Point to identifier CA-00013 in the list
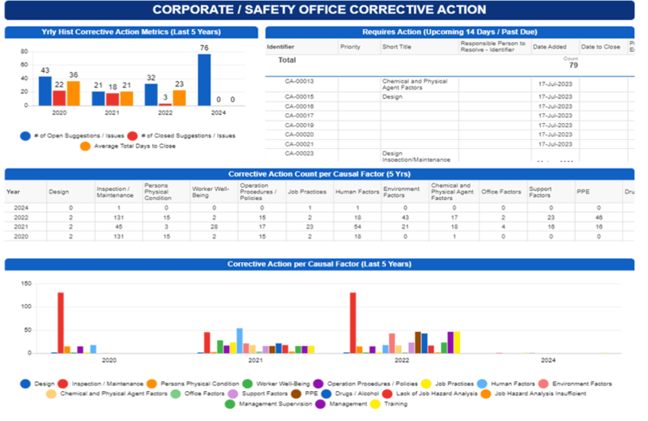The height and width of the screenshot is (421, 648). tap(299, 82)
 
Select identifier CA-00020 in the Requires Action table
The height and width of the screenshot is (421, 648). tap(299, 134)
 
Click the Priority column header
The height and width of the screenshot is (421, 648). tap(351, 47)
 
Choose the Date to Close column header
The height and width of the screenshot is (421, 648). tap(599, 47)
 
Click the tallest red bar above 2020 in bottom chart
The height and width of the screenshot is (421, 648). tap(61, 322)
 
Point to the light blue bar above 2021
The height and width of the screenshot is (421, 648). tap(239, 340)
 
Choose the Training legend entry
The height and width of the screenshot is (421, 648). tap(395, 402)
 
